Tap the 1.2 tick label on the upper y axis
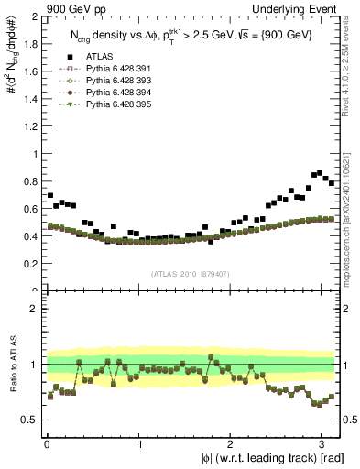pyautogui.click(x=27, y=127)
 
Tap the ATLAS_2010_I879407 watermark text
pyautogui.click(x=191, y=274)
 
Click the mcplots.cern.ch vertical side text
pyautogui.click(x=352, y=202)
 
